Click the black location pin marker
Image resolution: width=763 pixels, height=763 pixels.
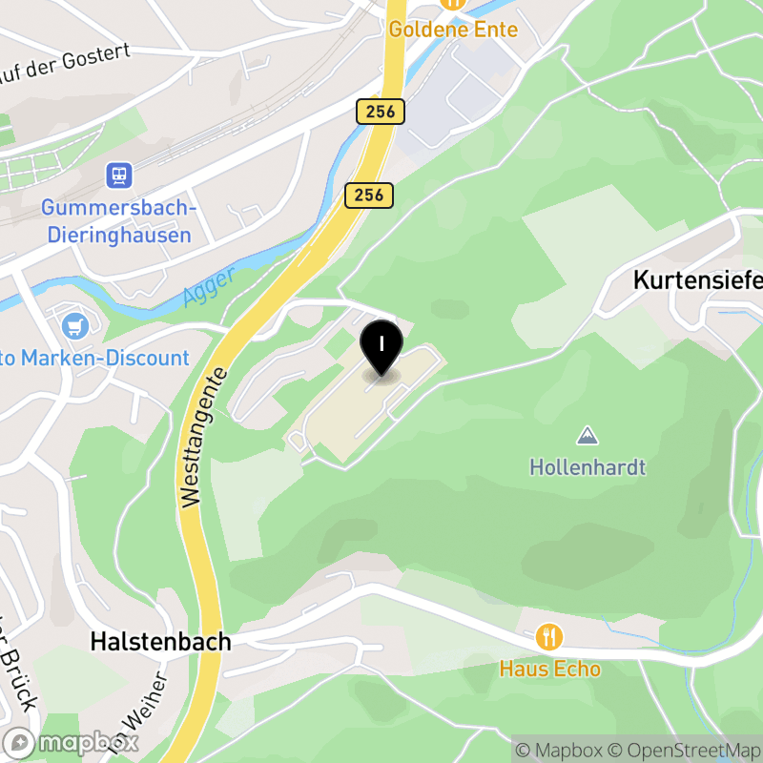coord(381,346)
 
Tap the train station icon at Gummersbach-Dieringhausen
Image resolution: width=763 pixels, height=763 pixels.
coord(119,175)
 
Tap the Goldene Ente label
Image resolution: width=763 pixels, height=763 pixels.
coord(453,30)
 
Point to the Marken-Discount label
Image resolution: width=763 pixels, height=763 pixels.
coord(95,359)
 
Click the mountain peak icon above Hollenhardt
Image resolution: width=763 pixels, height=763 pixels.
coord(588,437)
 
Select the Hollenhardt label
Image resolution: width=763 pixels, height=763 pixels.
coord(588,467)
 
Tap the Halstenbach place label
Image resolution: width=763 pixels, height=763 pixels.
coord(160,642)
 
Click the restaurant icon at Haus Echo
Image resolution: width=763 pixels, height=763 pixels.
coord(549,636)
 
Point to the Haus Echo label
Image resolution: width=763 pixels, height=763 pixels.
coord(549,669)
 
